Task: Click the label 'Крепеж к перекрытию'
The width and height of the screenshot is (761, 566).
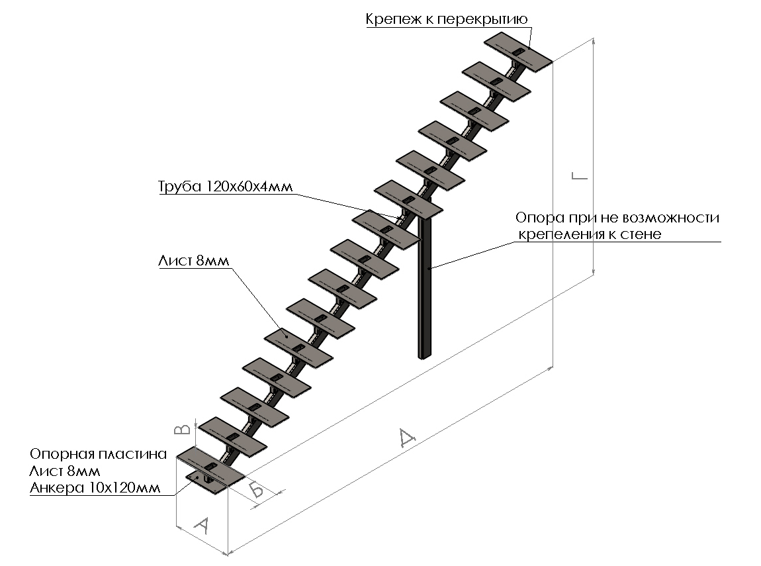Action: [446, 19]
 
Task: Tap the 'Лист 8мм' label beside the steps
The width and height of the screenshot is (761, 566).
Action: [193, 261]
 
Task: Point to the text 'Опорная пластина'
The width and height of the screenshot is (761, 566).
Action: [96, 455]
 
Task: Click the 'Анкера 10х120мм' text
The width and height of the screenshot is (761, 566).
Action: [95, 489]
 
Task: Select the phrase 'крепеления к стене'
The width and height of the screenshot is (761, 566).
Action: [589, 234]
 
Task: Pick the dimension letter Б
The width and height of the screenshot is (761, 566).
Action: [257, 491]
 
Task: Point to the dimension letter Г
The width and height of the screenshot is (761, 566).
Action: [579, 177]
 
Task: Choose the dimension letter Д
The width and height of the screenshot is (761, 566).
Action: [406, 438]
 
